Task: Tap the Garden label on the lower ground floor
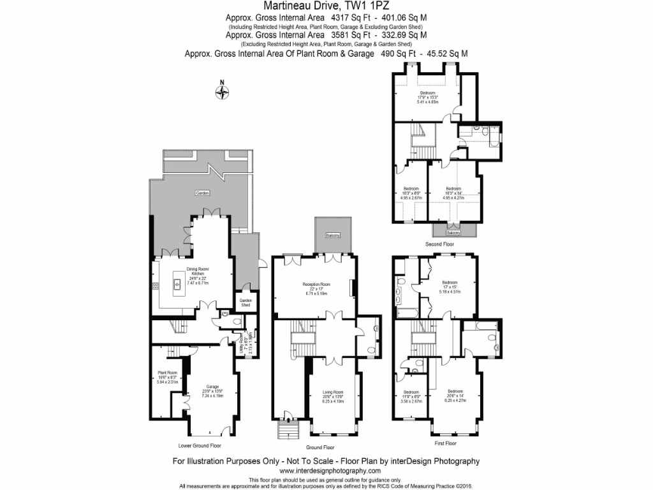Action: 202,193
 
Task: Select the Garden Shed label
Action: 246,302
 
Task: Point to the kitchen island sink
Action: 179,284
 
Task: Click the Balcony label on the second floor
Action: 453,233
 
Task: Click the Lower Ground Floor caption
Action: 200,445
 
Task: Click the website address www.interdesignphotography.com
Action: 326,470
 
